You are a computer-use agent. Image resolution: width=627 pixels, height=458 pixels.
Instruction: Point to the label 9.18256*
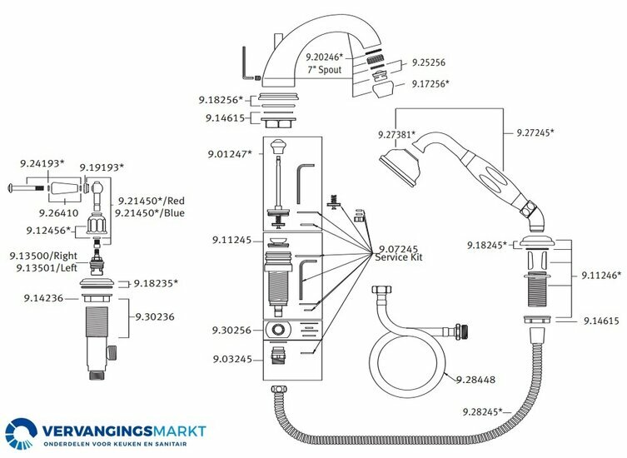(221, 100)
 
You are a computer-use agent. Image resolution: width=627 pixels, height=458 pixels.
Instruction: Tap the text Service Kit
(401, 258)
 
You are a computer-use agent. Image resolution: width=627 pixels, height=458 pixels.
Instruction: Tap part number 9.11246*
(600, 274)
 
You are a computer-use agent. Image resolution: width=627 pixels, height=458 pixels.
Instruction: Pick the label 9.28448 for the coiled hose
(475, 380)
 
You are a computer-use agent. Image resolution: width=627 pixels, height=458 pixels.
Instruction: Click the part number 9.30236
(156, 316)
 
